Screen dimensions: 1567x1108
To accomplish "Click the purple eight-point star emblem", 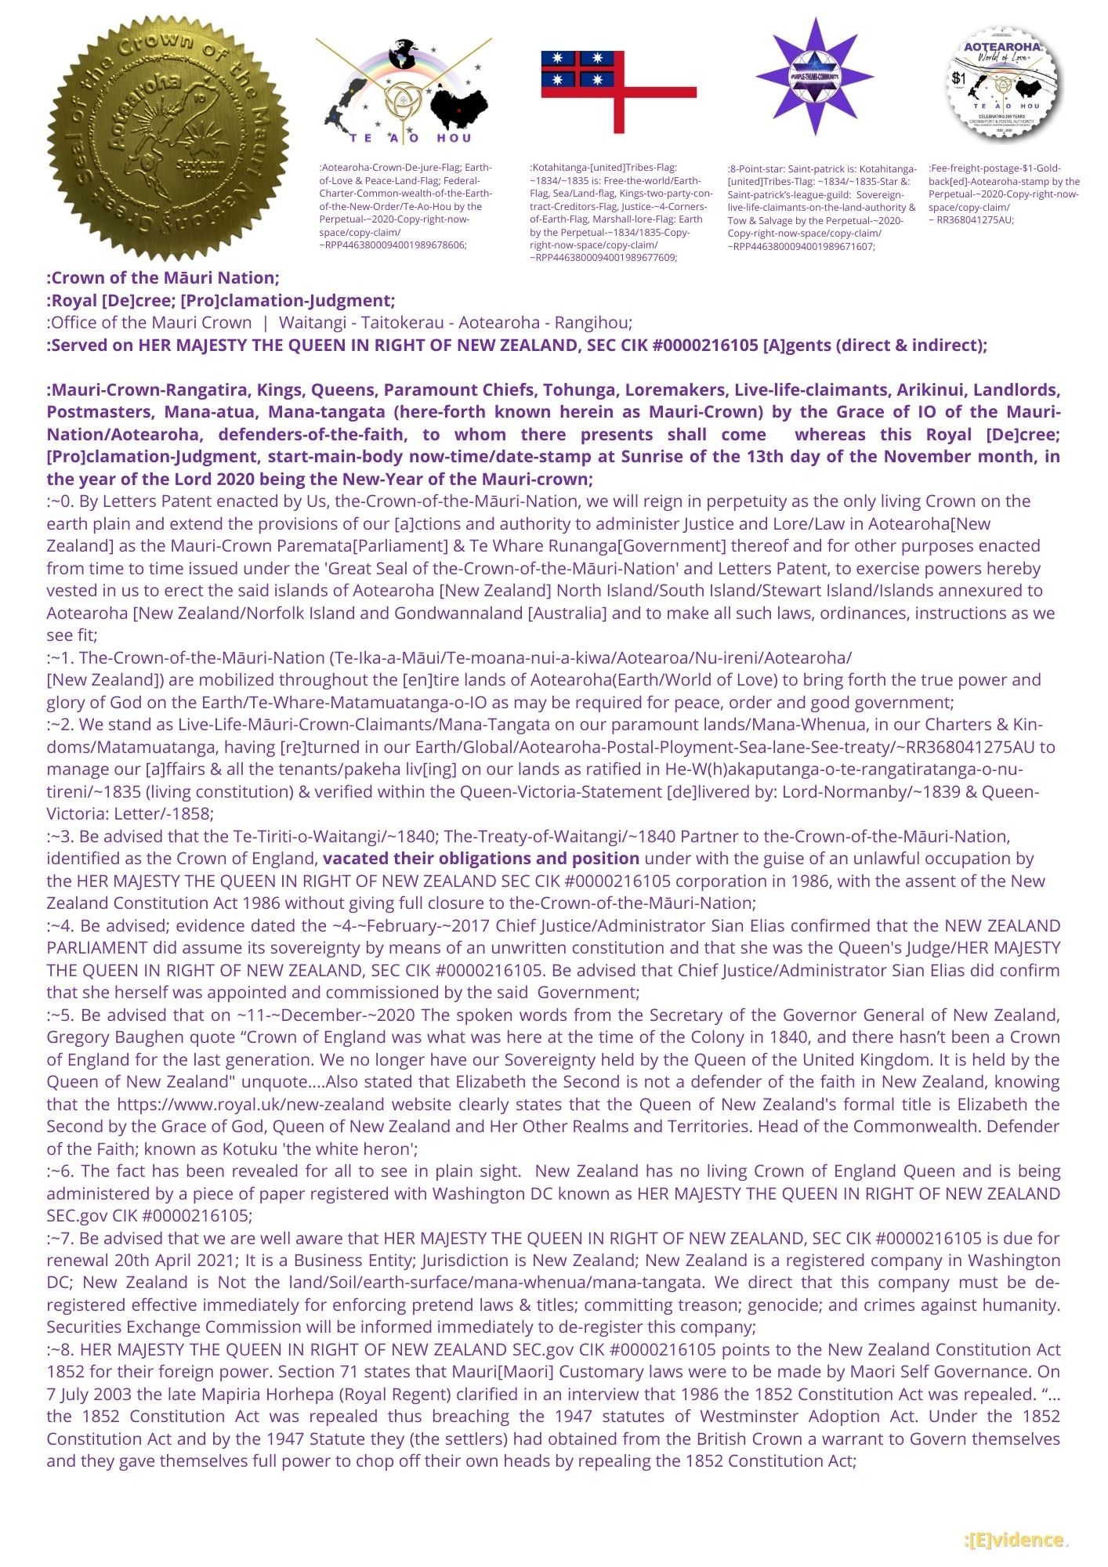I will (814, 76).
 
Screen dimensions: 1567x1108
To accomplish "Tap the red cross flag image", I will (618, 91).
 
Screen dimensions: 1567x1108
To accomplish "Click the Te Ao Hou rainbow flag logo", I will (404, 90).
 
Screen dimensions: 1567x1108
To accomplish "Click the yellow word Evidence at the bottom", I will (1015, 1540).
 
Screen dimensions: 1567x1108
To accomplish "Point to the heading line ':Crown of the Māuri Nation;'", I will (163, 277).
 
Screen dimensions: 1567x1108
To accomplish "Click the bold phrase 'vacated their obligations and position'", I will (481, 859).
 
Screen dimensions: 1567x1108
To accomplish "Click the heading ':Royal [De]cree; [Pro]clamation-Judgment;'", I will (221, 301).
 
